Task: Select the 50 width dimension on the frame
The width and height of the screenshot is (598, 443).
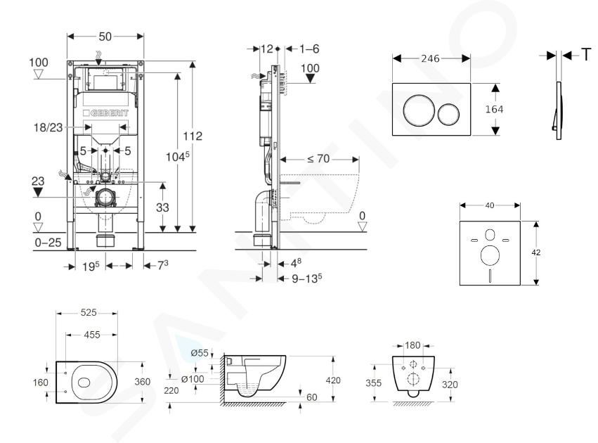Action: coord(105,35)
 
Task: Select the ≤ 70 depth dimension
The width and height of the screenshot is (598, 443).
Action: coord(320,159)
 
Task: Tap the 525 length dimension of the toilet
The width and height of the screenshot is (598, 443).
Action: coord(89,313)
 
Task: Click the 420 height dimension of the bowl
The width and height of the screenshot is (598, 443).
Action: coord(334,380)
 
